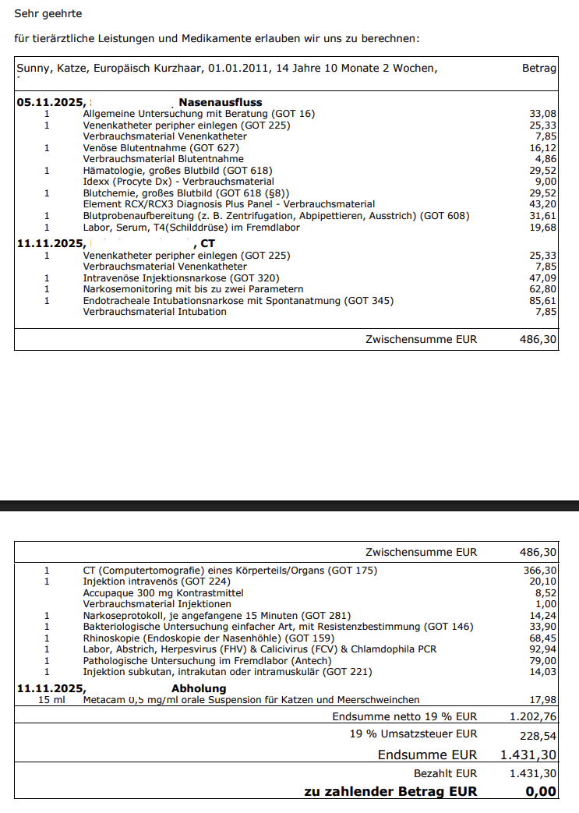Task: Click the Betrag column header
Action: click(539, 69)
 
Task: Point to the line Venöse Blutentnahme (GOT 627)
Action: click(161, 147)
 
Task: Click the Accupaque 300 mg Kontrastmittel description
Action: click(154, 593)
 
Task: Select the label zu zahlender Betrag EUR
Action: click(390, 791)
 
